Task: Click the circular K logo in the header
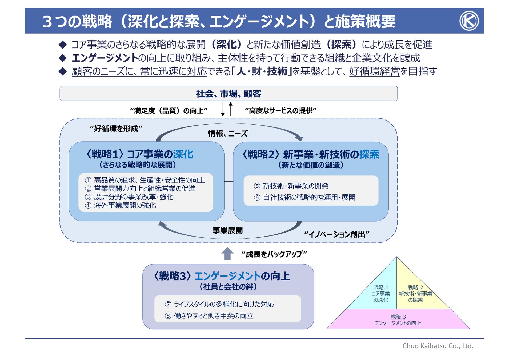point(469,21)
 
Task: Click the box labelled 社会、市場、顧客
point(229,94)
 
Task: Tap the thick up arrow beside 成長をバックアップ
point(227,254)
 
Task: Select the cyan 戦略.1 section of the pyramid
point(381,293)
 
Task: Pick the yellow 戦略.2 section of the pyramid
point(415,293)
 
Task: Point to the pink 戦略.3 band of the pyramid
point(398,319)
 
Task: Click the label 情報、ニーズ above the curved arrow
point(228,133)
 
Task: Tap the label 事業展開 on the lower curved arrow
point(227,230)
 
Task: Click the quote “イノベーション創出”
point(336,234)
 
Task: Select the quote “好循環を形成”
point(116,129)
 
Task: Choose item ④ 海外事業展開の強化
point(121,205)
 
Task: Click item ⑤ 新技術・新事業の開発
point(291,186)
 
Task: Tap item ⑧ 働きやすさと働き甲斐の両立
point(209,316)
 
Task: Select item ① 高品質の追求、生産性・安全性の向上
point(145,180)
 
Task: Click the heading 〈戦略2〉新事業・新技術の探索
point(311,154)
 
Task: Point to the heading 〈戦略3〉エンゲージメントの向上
point(222,276)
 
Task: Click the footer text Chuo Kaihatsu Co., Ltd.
point(438,346)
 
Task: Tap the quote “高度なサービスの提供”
point(280,110)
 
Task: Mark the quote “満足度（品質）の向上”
point(169,110)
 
